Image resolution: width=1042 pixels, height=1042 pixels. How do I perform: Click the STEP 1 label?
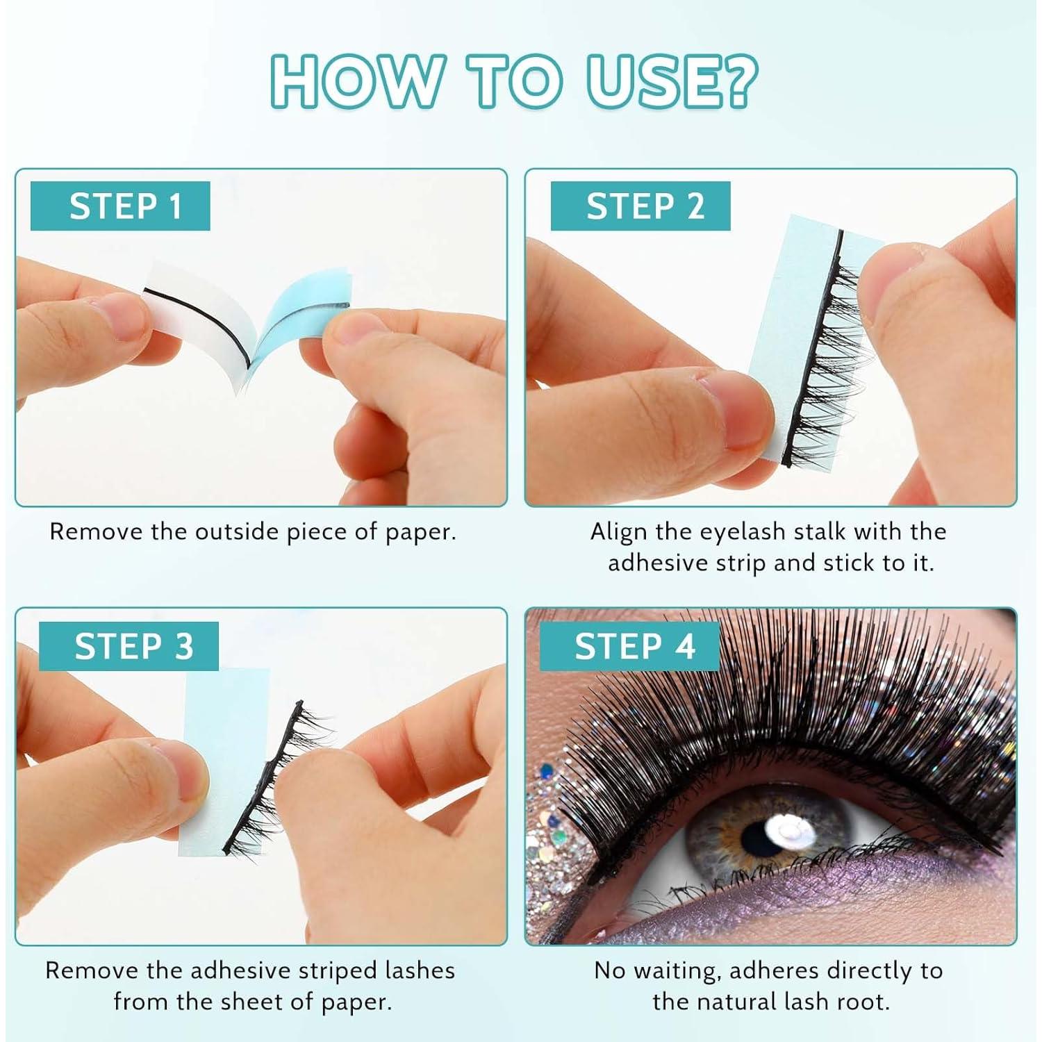[120, 206]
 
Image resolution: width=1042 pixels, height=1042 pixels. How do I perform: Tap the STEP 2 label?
[640, 206]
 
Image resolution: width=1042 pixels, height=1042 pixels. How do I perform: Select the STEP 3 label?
[129, 646]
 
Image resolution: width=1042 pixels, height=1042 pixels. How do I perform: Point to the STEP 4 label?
[630, 646]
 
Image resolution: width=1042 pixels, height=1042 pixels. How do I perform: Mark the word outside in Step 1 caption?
[237, 531]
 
